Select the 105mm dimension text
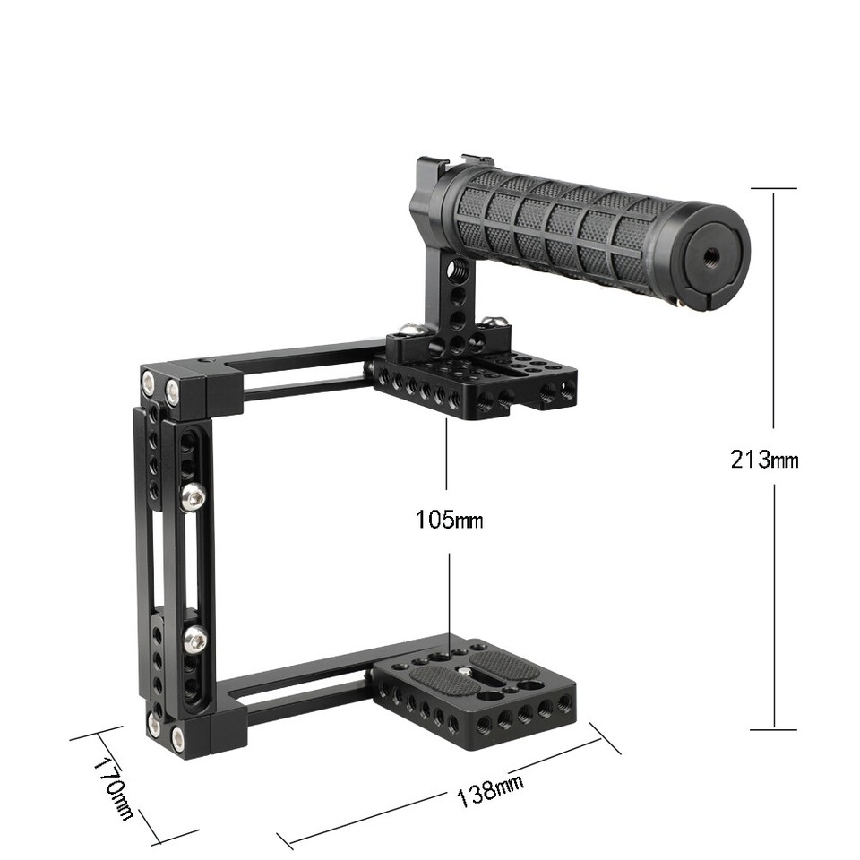[x=448, y=519]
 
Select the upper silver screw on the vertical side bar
[x=193, y=496]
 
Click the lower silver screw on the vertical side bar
[x=193, y=639]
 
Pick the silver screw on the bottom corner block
[x=177, y=737]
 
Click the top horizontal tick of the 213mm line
[x=773, y=188]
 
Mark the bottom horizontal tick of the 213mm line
[x=773, y=730]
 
